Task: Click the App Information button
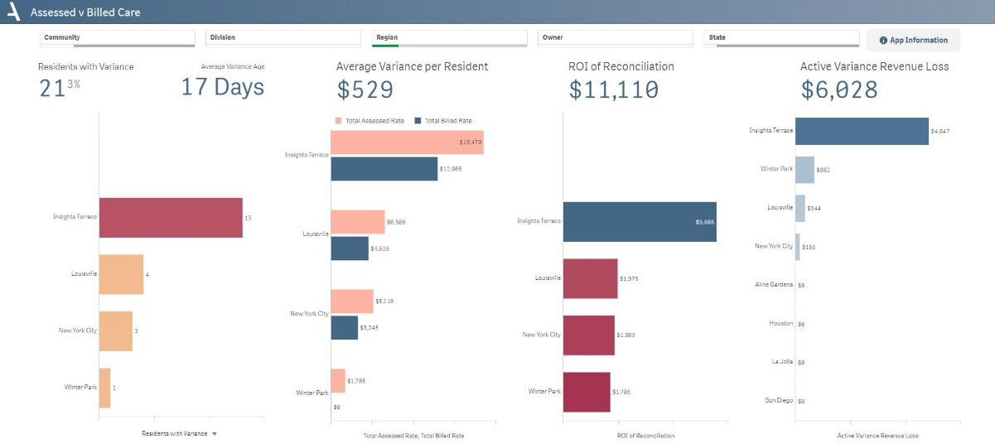913,40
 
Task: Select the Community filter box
117,38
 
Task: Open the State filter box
781,38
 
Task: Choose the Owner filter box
616,38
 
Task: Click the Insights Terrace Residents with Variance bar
171,218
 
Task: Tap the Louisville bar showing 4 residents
121,274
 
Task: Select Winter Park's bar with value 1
104,388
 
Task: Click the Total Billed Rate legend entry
443,121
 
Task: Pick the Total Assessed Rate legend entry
370,121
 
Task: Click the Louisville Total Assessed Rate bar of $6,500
358,222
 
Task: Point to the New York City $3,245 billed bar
345,327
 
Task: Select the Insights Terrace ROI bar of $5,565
640,222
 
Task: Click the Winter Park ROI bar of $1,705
587,392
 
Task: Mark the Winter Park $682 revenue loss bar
804,170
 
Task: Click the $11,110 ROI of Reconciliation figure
614,89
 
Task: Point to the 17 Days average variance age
223,87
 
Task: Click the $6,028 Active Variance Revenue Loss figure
839,89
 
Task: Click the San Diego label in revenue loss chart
779,400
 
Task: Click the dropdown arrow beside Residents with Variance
215,433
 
